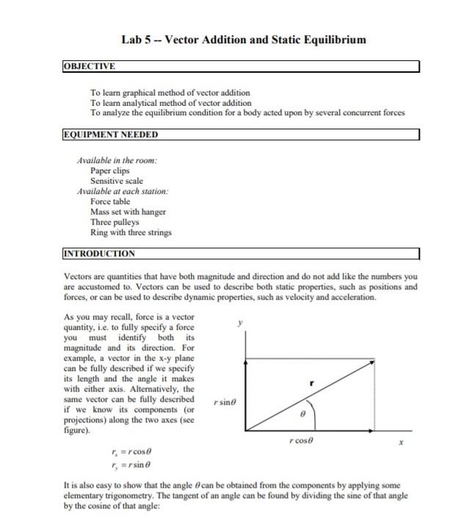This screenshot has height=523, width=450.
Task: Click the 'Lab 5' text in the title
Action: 137,39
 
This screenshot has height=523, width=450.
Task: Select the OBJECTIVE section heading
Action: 90,66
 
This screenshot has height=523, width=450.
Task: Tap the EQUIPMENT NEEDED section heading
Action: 110,134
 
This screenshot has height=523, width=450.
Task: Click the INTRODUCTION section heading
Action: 100,253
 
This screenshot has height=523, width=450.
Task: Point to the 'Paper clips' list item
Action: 110,170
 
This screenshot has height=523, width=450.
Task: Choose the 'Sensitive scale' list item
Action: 117,181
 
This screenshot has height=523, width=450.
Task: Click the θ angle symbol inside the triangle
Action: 302,415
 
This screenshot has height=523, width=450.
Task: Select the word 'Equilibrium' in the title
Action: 327,39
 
